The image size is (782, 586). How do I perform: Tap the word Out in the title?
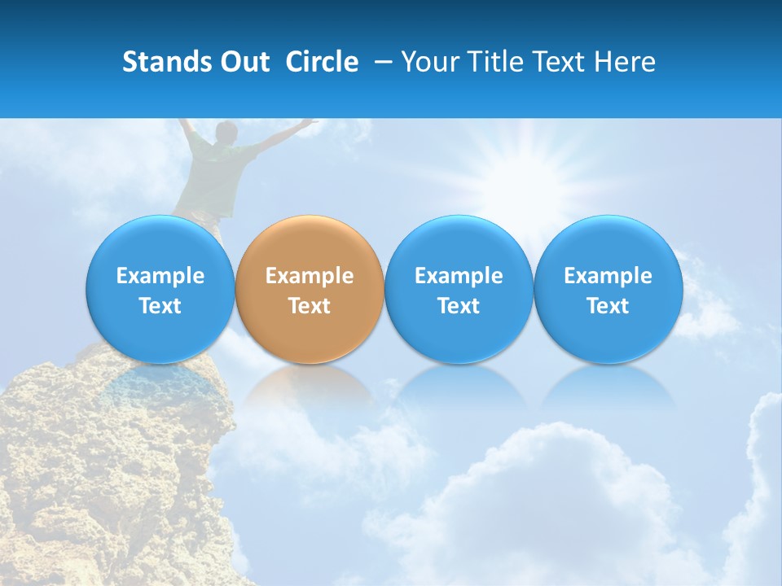pos(243,62)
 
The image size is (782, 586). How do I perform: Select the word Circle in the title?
pos(322,62)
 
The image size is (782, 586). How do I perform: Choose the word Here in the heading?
pos(626,62)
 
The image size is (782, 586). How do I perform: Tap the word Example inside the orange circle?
pos(310,276)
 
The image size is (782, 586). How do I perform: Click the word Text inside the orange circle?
pos(310,306)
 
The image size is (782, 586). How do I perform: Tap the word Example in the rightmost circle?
pos(608,276)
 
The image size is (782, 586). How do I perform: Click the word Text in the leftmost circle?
pos(160,306)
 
